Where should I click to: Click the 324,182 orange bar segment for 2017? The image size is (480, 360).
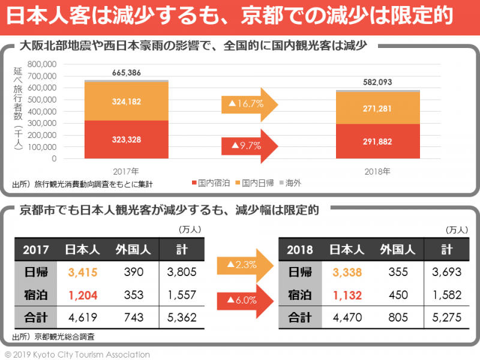126,102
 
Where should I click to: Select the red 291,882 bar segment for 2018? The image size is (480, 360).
378,142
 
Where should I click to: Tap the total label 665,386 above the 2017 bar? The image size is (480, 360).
126,73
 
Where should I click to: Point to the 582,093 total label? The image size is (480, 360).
378,83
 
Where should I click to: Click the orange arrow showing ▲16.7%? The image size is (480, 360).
248,104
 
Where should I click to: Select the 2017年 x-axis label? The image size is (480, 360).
126,171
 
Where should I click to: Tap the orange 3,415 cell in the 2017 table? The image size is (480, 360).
83,272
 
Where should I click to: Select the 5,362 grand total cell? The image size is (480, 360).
181,317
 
